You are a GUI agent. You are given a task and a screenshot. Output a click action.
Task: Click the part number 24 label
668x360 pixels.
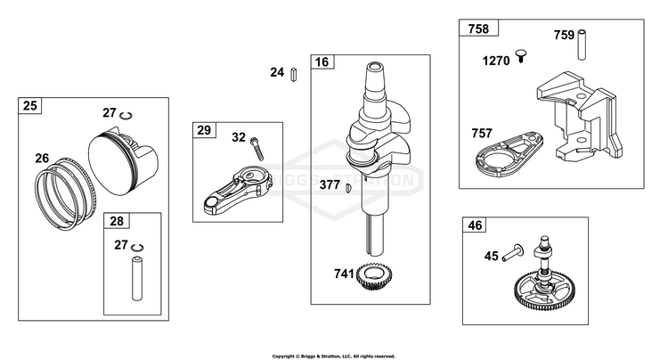[x=277, y=72]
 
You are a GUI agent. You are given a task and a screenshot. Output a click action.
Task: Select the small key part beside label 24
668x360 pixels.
[x=294, y=75]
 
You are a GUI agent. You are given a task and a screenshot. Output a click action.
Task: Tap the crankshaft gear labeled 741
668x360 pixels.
[x=375, y=276]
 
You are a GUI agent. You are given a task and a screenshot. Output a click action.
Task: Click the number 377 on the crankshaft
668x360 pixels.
[x=330, y=184]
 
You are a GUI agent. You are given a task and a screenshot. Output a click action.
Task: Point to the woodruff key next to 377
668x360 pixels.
[x=348, y=188]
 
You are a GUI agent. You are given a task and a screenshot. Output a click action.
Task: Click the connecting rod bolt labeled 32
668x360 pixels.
[x=257, y=148]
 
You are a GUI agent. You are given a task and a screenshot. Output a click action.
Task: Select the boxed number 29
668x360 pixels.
[x=204, y=130]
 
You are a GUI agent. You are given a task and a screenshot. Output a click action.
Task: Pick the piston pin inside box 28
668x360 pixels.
[x=137, y=279]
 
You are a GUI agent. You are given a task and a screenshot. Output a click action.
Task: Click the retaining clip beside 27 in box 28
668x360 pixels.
[x=137, y=248]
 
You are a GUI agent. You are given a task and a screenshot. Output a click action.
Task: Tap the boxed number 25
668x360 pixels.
[x=29, y=105]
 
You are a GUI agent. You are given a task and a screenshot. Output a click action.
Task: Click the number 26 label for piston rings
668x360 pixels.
[x=42, y=159]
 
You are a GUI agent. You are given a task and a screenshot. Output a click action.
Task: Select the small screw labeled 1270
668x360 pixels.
[x=521, y=56]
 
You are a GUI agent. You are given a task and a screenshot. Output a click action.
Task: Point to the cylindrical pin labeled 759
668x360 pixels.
[x=582, y=45]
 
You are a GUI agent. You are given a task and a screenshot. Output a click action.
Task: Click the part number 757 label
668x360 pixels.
[x=482, y=134]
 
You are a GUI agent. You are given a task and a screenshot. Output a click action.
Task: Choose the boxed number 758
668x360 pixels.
[x=478, y=29]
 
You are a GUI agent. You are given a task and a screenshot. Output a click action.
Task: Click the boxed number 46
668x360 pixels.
[x=475, y=225]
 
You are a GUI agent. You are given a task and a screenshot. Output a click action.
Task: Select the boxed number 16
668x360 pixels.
[x=322, y=62]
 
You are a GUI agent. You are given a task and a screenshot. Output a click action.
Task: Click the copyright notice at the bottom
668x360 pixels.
[x=334, y=356]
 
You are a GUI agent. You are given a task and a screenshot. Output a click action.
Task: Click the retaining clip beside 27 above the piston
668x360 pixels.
[x=126, y=116]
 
